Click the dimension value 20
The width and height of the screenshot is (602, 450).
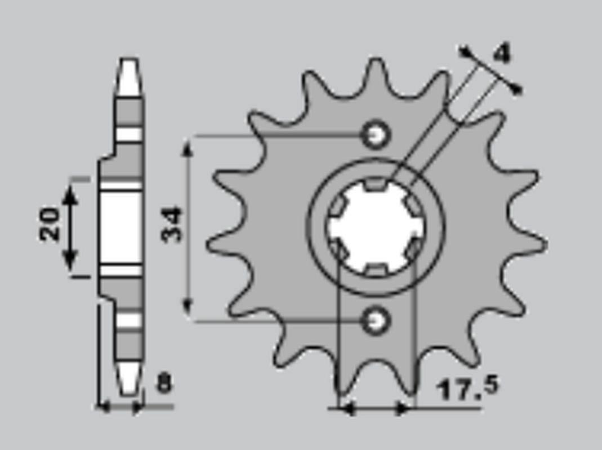[50, 224]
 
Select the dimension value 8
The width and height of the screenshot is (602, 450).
[164, 384]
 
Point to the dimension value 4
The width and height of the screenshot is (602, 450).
[501, 54]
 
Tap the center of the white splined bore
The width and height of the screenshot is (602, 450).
[375, 227]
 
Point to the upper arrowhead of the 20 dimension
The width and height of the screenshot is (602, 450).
[70, 194]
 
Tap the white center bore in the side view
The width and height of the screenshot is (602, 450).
[121, 228]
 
